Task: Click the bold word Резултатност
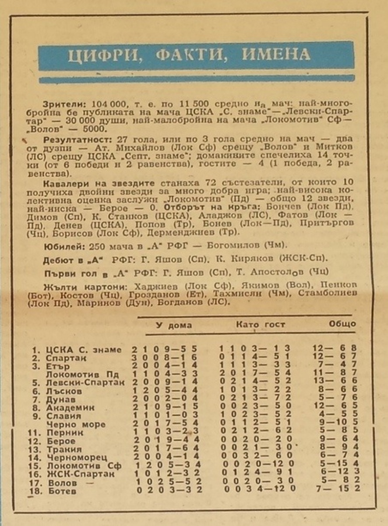(x=74, y=139)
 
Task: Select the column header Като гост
(x=260, y=325)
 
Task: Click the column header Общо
(x=342, y=324)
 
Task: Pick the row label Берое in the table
(x=62, y=441)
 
